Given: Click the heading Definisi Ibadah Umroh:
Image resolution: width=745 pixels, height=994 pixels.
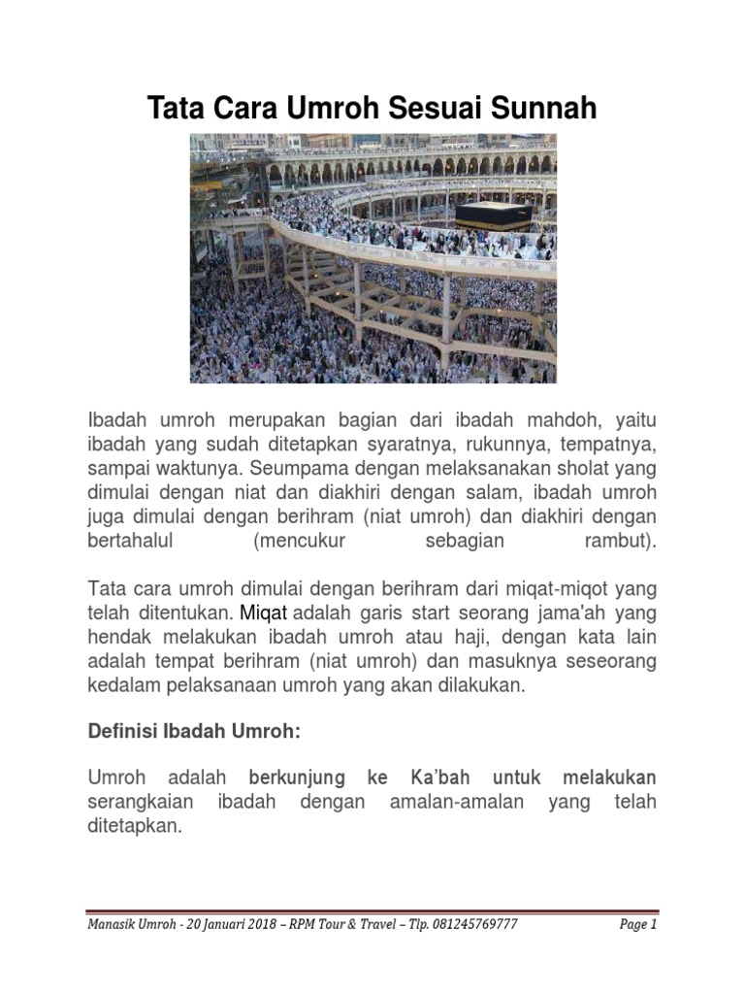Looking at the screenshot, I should (x=194, y=731).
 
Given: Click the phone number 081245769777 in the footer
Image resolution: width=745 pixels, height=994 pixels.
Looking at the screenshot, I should (x=468, y=925).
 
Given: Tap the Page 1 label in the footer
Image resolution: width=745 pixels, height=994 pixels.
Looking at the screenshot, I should (x=638, y=925).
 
